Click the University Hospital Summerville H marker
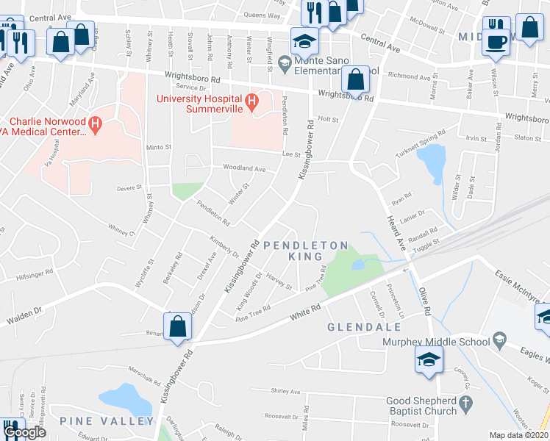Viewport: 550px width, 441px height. coord(251,100)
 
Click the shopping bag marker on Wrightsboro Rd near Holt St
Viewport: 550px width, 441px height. coord(356,80)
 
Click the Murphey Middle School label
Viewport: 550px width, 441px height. coord(435,342)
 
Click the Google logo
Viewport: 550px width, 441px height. coord(24,432)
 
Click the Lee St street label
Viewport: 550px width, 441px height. coord(292,154)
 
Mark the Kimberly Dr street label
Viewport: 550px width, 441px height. coord(224,246)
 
